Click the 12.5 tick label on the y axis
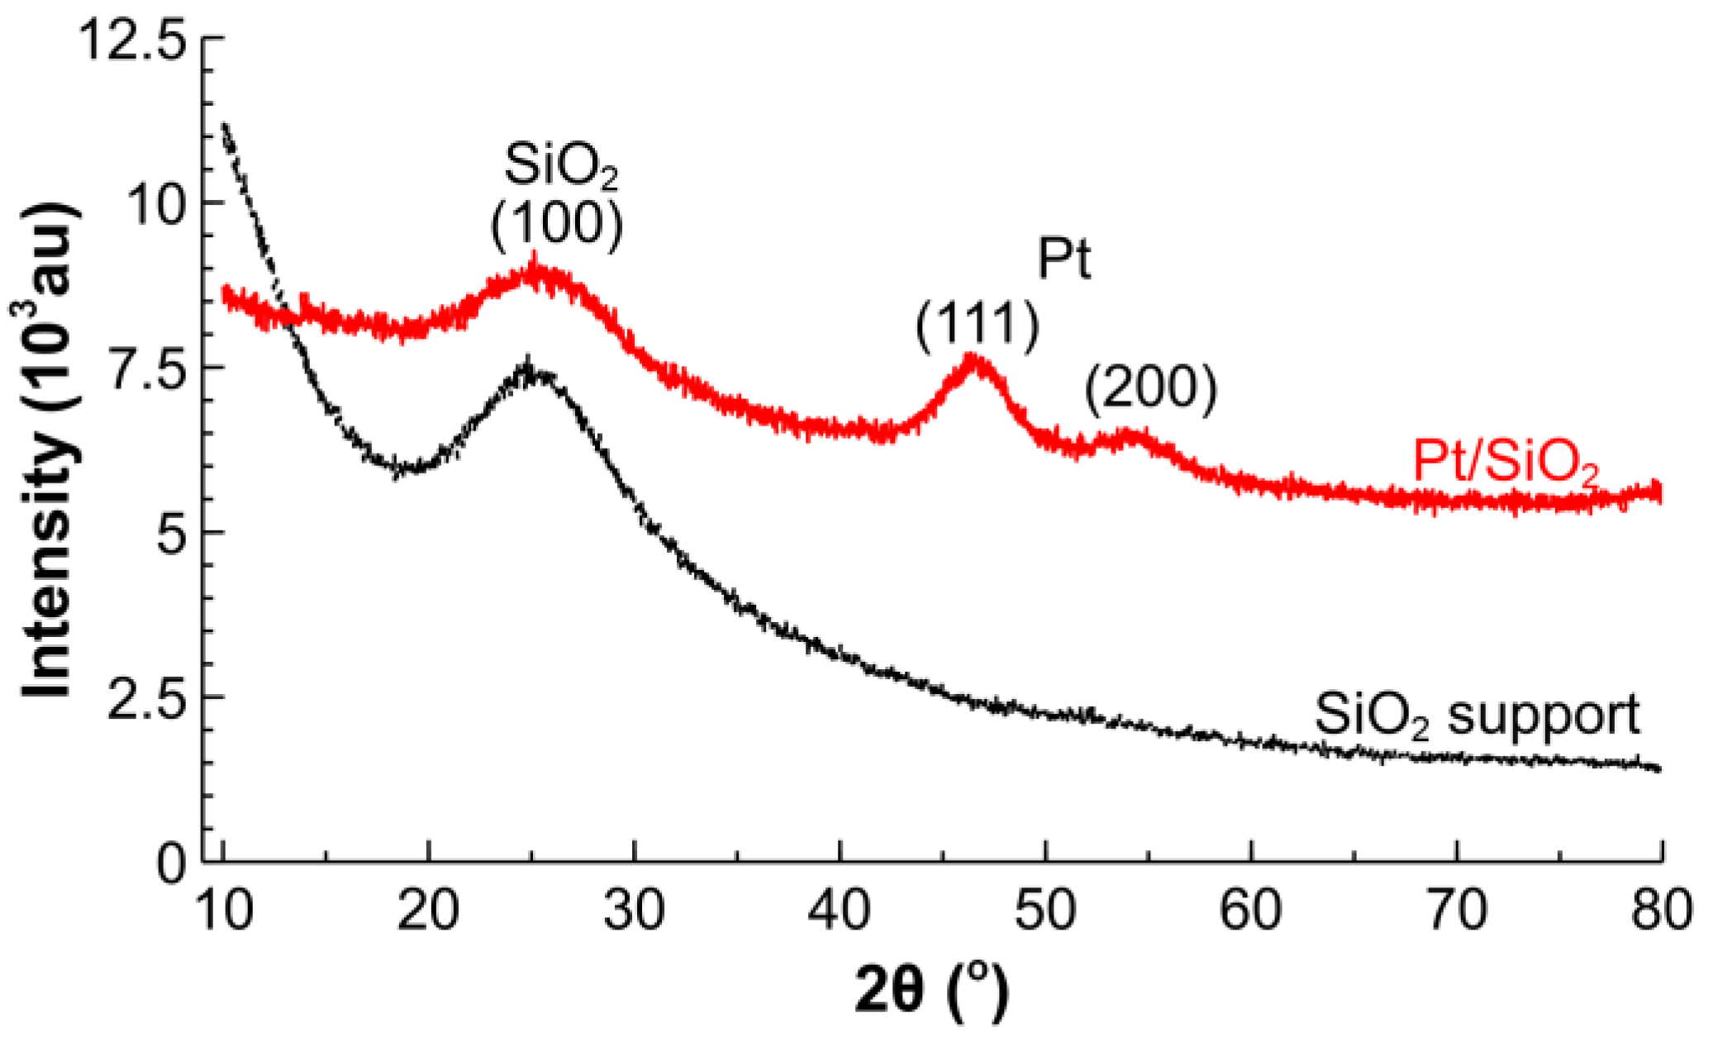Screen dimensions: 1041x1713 [x=133, y=39]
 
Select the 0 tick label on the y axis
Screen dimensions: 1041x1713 [x=172, y=864]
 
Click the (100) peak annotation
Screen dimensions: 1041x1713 [x=556, y=225]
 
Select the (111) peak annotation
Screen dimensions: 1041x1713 [x=977, y=324]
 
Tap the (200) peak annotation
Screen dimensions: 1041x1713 [x=1150, y=387]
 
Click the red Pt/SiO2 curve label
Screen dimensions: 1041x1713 [x=1506, y=463]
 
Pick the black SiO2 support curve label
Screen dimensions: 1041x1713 [x=1476, y=715]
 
